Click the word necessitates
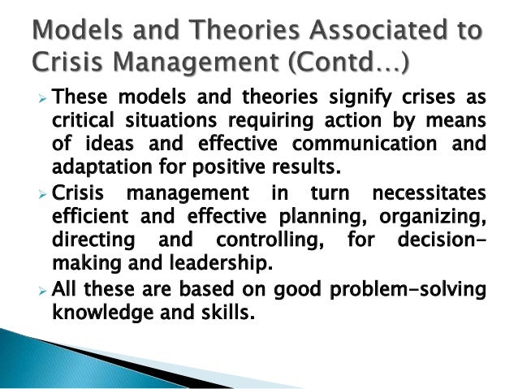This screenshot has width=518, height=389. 420,194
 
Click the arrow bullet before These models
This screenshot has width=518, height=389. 45,100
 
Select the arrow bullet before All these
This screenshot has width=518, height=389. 45,289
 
